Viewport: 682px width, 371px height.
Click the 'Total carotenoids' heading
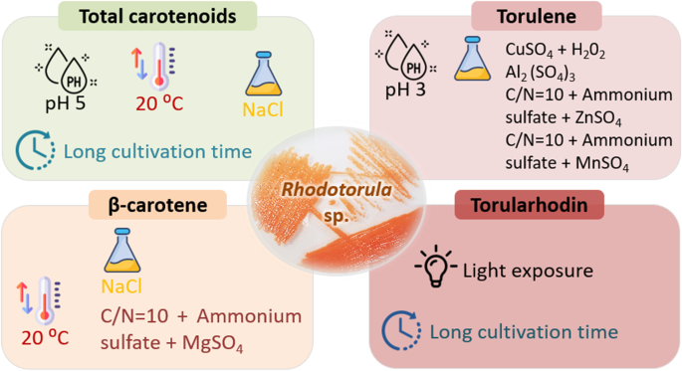click(157, 17)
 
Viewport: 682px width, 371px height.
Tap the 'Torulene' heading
click(537, 17)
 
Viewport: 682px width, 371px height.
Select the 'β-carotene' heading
click(157, 205)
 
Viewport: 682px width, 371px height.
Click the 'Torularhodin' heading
click(529, 205)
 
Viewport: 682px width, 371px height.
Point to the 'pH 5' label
click(66, 103)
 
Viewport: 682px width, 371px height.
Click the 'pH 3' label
click(405, 90)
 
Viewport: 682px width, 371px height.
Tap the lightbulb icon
click(436, 266)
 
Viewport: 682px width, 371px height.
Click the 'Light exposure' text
click(528, 271)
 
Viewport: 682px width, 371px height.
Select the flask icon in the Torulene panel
click(472, 59)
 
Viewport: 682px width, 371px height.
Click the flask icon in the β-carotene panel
click(122, 251)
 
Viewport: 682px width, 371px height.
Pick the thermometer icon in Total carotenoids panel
click(153, 67)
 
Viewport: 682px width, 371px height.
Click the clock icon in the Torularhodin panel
click(401, 330)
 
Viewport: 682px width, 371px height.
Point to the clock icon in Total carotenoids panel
click(35, 150)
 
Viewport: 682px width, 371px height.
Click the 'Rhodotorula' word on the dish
click(337, 189)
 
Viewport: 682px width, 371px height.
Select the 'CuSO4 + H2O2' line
click(555, 51)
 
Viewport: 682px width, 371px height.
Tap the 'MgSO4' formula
click(212, 343)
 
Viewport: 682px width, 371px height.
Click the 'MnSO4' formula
click(602, 163)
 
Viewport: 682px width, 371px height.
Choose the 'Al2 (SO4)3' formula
click(541, 74)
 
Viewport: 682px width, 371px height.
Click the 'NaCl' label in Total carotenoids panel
click(263, 109)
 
